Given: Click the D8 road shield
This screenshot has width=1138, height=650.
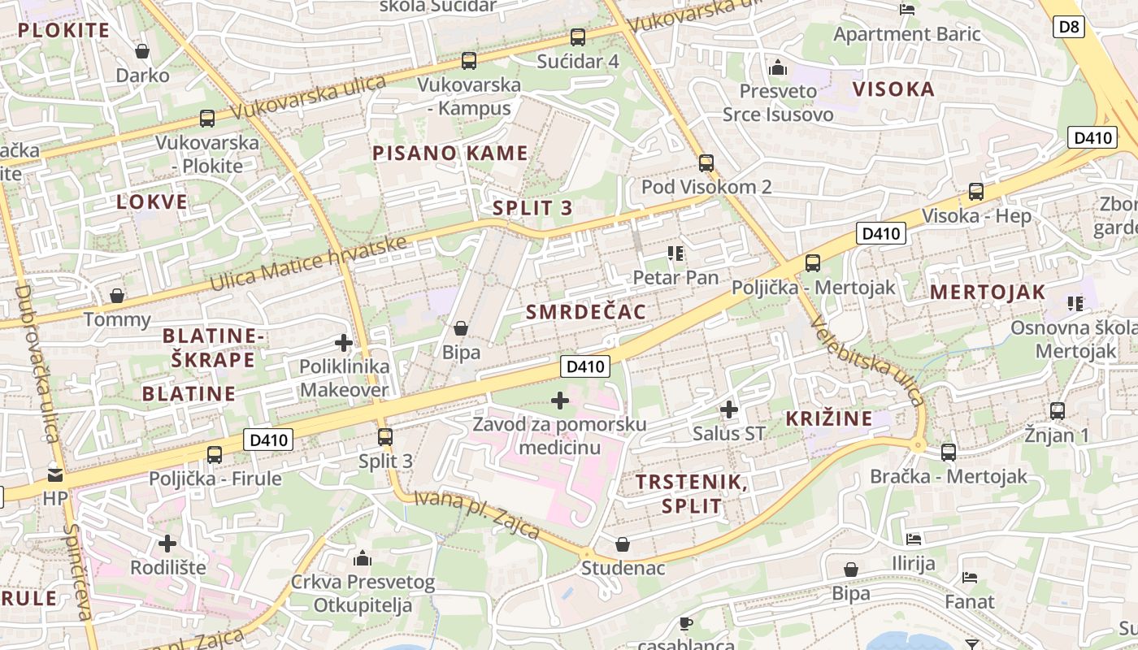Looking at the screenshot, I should pos(1070,27).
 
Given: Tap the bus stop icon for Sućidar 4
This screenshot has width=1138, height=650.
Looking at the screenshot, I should pos(578,37).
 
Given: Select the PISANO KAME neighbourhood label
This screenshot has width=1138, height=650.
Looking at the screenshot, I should pos(450,153).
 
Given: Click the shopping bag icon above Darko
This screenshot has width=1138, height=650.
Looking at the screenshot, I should pos(142,51).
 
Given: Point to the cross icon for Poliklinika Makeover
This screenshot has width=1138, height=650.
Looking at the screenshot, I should pos(344,343).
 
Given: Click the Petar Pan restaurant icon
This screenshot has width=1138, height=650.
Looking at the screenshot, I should pos(675,253).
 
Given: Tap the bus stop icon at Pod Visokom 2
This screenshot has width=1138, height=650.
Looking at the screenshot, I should pos(706,162).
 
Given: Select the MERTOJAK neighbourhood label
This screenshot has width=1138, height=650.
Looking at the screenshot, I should pos(988,292).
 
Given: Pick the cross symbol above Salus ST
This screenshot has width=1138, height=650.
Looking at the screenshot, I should pos(729,409).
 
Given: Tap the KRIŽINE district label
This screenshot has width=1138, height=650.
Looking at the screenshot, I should pos(829,419).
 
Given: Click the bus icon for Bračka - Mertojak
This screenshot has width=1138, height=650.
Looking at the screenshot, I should pos(949,453).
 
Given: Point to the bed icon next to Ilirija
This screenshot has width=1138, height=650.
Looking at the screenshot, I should pos(914,539).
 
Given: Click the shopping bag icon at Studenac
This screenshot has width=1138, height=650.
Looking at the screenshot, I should pos(623,544).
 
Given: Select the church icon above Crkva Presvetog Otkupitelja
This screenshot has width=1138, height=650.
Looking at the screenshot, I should pos(363,558).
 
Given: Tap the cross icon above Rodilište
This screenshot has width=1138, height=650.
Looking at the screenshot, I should pos(167,543).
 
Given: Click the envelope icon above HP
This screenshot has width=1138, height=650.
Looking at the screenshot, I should pos(55,474).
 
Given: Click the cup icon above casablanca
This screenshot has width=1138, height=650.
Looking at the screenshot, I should pos(685,623).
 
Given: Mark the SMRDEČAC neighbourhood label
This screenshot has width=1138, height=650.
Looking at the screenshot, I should pos(586,312).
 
